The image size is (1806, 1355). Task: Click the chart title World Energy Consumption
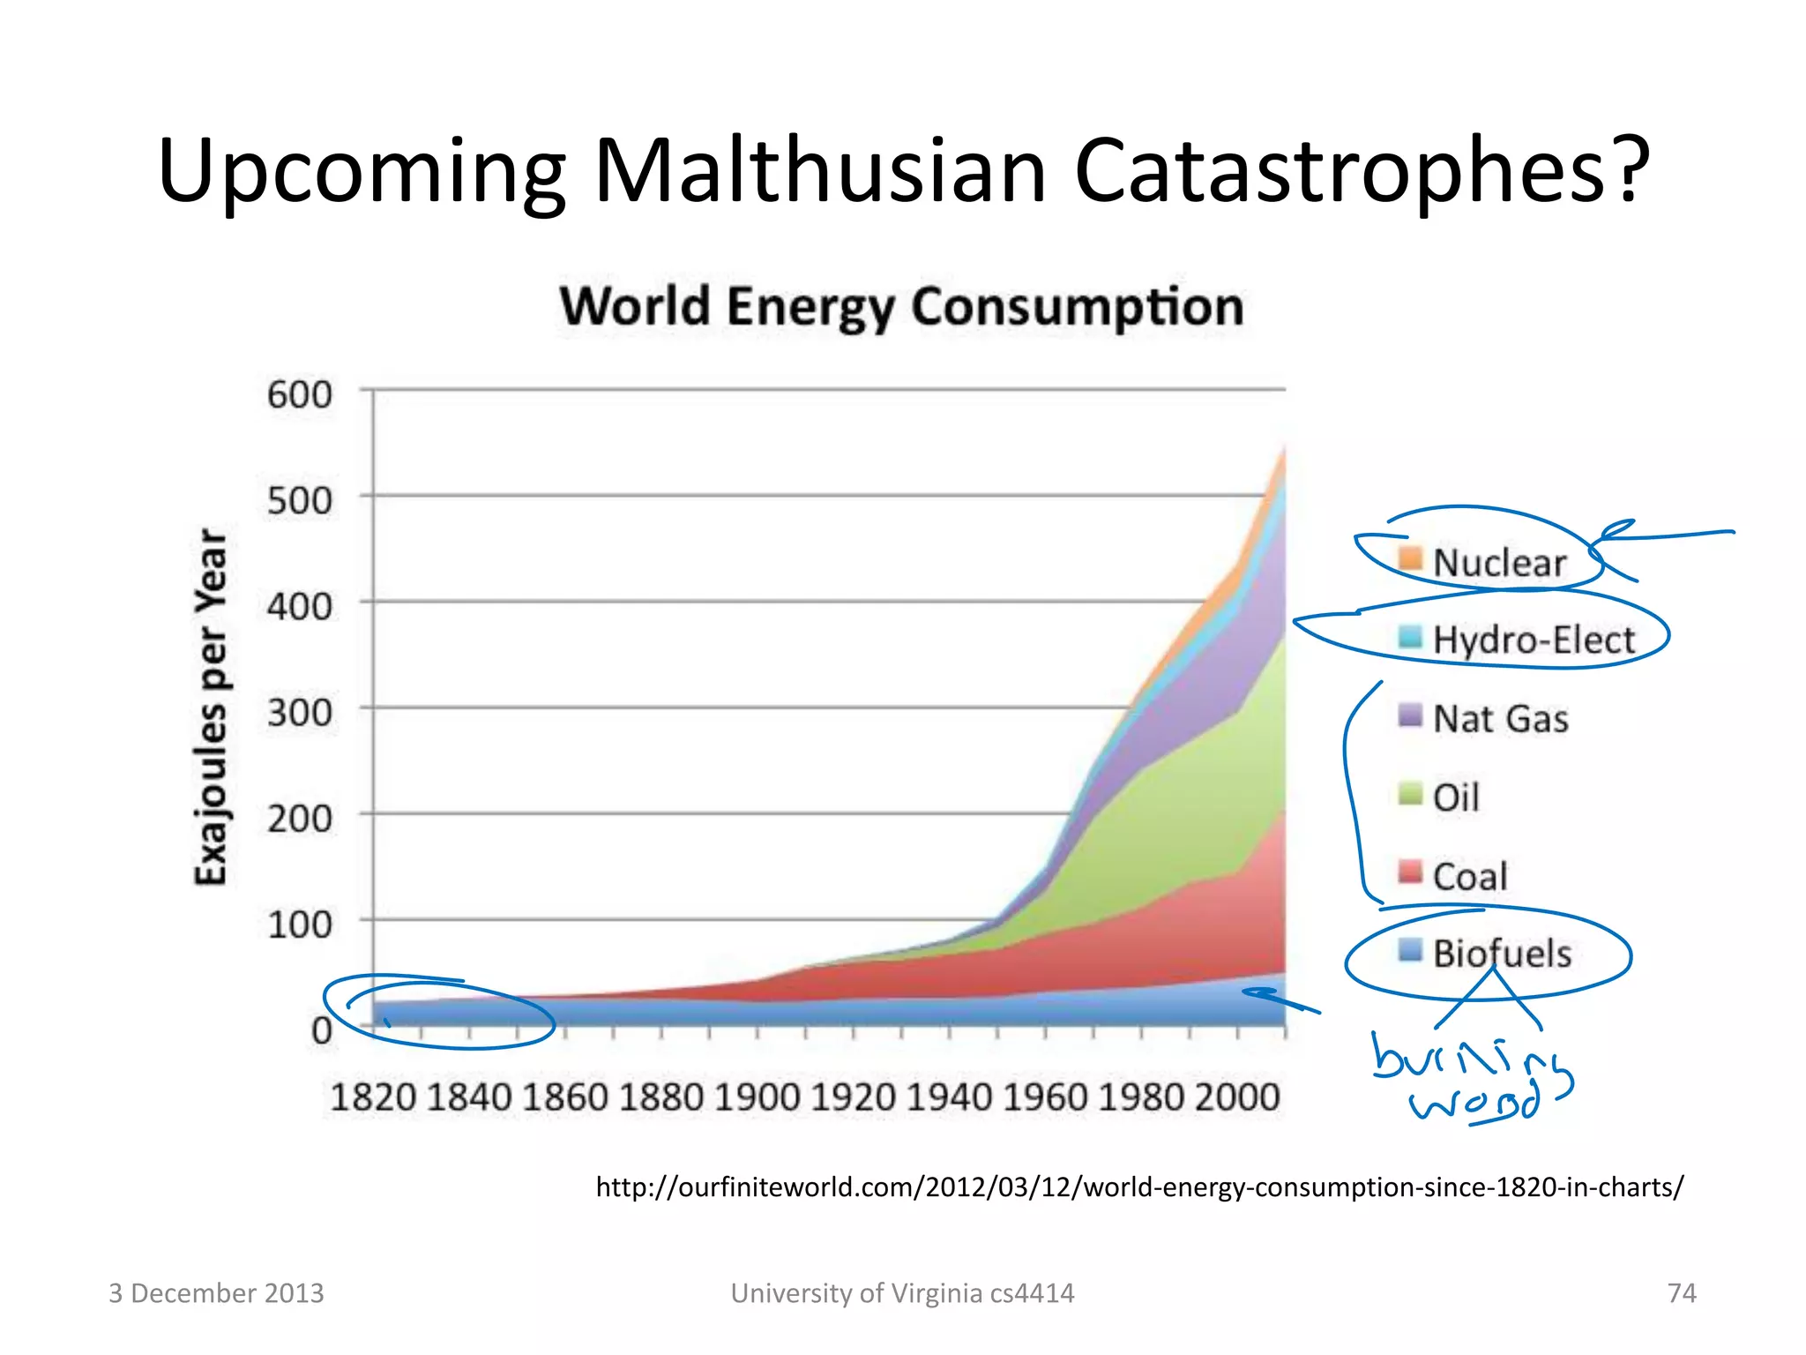pyautogui.click(x=901, y=307)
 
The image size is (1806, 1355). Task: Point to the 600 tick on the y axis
pyautogui.click(x=300, y=394)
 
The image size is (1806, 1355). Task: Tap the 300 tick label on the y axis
pyautogui.click(x=300, y=713)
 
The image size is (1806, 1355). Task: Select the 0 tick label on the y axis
pyautogui.click(x=322, y=1030)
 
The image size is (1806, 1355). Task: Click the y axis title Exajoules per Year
pyautogui.click(x=212, y=706)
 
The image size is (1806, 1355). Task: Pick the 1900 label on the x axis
pyautogui.click(x=757, y=1097)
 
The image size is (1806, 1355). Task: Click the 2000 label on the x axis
pyautogui.click(x=1236, y=1097)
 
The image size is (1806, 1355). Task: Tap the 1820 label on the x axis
pyautogui.click(x=373, y=1097)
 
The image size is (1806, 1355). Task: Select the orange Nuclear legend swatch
pyautogui.click(x=1410, y=558)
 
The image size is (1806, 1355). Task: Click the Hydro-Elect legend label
pyautogui.click(x=1534, y=640)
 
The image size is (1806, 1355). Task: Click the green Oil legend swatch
pyautogui.click(x=1410, y=794)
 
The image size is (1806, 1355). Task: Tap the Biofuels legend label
pyautogui.click(x=1502, y=954)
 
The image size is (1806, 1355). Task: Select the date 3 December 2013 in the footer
pyautogui.click(x=216, y=1293)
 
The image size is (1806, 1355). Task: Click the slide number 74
pyautogui.click(x=1682, y=1293)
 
